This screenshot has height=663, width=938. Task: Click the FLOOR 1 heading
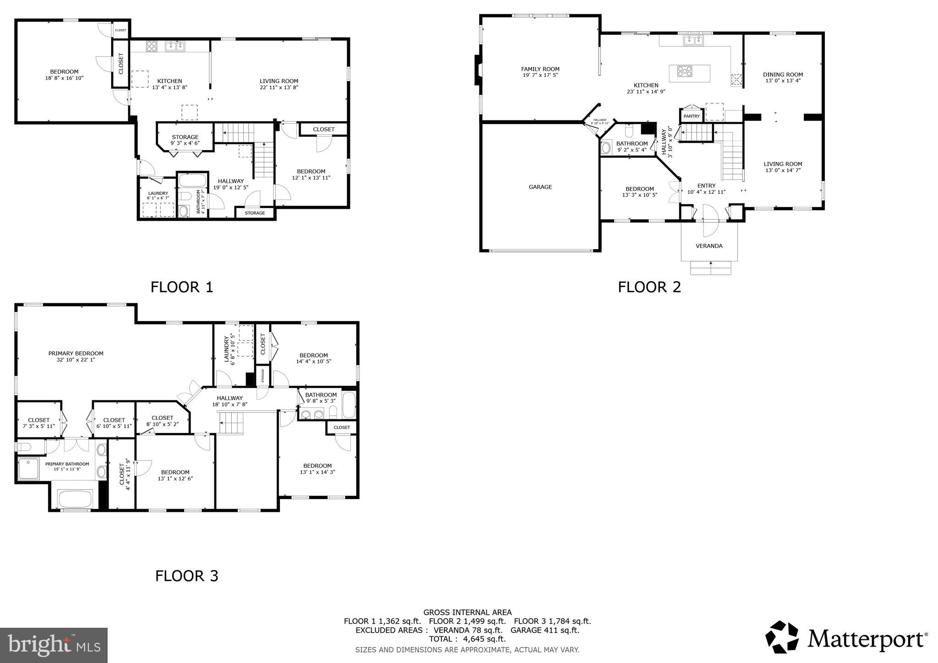click(182, 287)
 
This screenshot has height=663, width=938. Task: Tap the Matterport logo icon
click(783, 637)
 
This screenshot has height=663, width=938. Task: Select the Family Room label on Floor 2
click(540, 69)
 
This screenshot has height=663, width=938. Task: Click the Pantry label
click(691, 116)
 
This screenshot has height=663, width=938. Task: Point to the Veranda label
click(709, 246)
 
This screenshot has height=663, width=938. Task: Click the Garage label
click(540, 187)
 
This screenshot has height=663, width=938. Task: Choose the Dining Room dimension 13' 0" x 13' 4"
click(783, 81)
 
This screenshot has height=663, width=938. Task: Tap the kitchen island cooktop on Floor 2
click(685, 71)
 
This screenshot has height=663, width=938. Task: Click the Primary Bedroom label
click(76, 353)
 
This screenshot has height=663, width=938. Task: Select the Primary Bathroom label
click(67, 464)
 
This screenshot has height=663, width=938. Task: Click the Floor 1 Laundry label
click(158, 193)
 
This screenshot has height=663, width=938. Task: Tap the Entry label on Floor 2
click(706, 185)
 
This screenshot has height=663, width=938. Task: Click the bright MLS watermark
click(54, 645)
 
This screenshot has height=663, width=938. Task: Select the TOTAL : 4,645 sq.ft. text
click(467, 639)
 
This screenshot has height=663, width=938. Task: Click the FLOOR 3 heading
click(186, 576)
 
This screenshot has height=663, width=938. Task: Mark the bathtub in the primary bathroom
click(76, 499)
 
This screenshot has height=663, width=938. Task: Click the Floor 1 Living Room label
click(279, 81)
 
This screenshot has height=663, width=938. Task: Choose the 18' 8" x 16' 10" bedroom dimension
click(64, 78)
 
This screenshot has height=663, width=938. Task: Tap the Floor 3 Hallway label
click(229, 398)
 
